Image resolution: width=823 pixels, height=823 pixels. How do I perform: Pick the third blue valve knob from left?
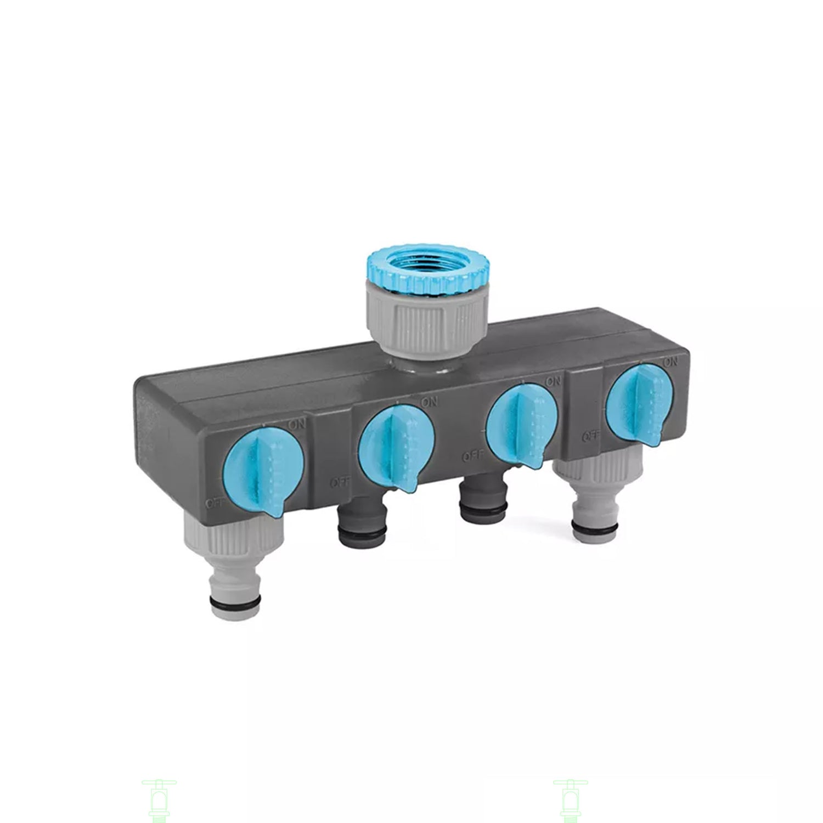coord(522,425)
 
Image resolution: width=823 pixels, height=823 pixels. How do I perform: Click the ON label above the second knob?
coord(429,402)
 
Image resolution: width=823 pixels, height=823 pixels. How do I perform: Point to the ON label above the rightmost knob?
coord(669,362)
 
